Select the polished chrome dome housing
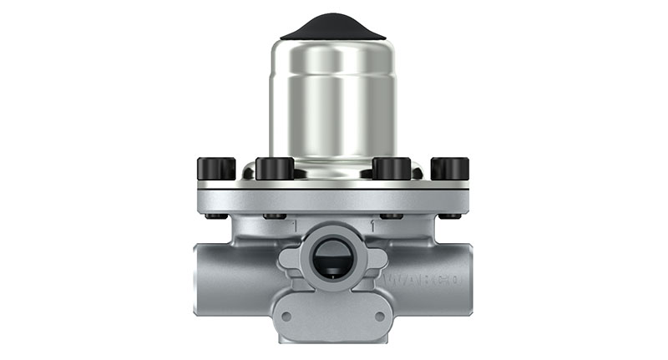pos(333,100)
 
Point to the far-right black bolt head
pos(450,169)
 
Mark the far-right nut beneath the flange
pos(450,215)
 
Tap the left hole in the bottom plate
pos(286,317)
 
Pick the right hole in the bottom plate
pos(380,317)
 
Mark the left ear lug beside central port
pos(290,259)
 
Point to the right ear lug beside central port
pos(377,259)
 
